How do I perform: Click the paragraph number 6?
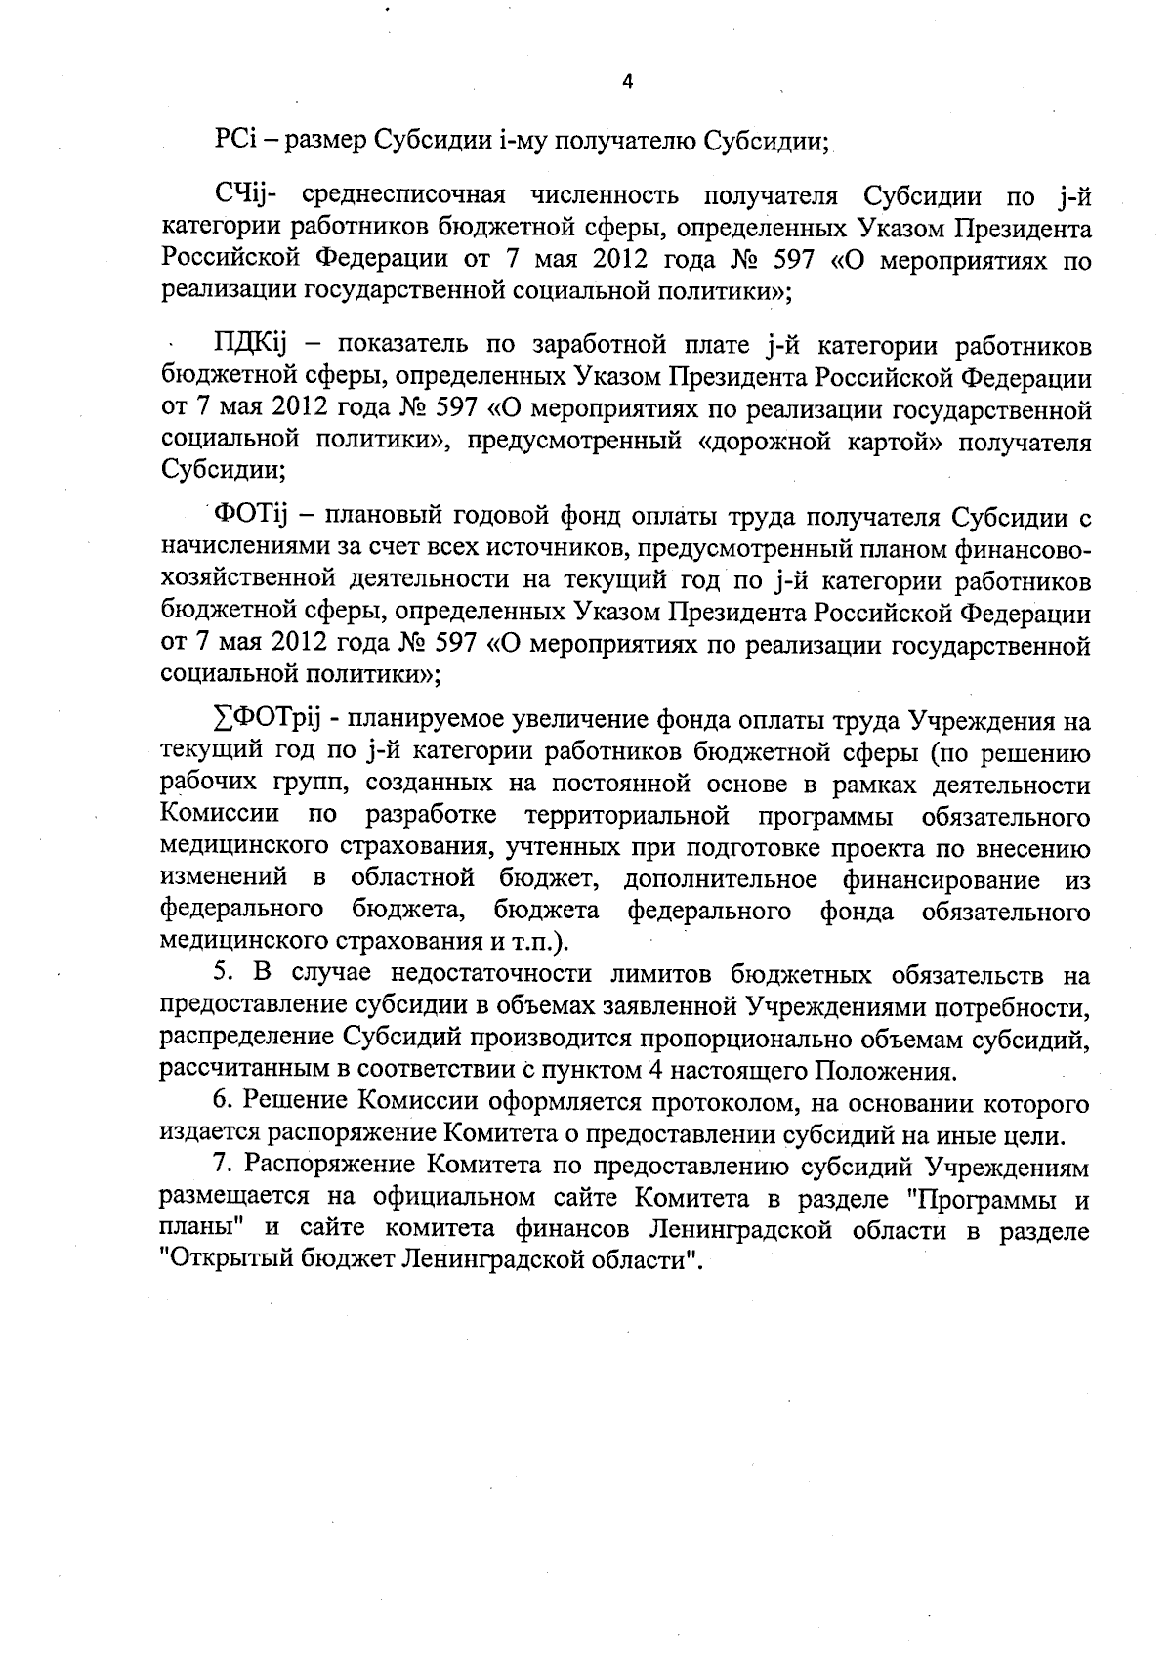pyautogui.click(x=221, y=1102)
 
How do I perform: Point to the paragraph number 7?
pyautogui.click(x=220, y=1166)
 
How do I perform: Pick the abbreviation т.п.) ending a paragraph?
pyautogui.click(x=542, y=943)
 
